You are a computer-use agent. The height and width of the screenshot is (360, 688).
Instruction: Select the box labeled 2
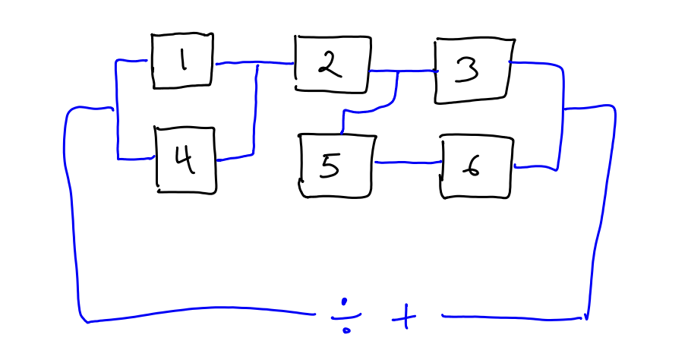tap(332, 65)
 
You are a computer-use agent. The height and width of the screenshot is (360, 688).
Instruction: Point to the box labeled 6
tap(476, 166)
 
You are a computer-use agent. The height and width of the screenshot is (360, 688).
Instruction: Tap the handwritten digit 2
tap(329, 65)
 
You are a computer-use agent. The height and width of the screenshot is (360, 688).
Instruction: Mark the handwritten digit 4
tap(185, 160)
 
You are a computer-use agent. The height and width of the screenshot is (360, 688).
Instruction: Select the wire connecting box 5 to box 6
tap(409, 162)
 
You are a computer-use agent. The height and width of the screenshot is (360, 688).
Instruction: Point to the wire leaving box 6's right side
tap(536, 167)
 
